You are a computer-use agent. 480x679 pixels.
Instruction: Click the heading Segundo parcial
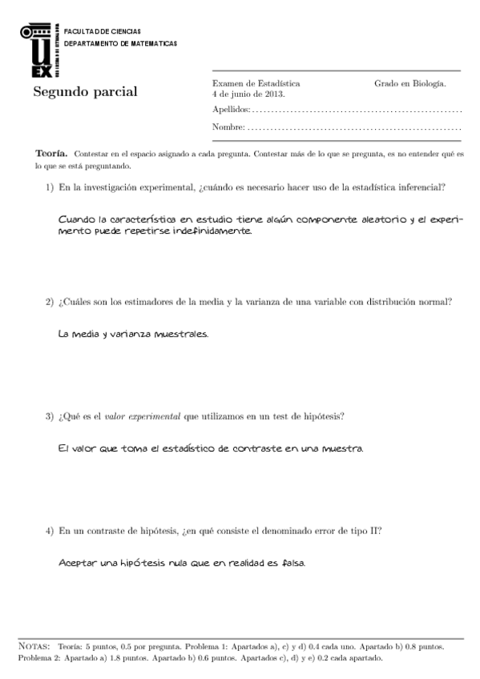(85, 91)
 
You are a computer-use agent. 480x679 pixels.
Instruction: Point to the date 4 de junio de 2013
(248, 94)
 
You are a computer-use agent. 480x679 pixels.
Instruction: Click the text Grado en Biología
(409, 82)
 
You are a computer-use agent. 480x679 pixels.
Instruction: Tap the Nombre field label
(228, 128)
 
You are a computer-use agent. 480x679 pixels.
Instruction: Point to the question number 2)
(49, 302)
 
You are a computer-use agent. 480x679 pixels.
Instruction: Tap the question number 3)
(49, 416)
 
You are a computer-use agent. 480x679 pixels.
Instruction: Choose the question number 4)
(49, 531)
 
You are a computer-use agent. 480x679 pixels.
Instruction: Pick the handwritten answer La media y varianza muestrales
(133, 334)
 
